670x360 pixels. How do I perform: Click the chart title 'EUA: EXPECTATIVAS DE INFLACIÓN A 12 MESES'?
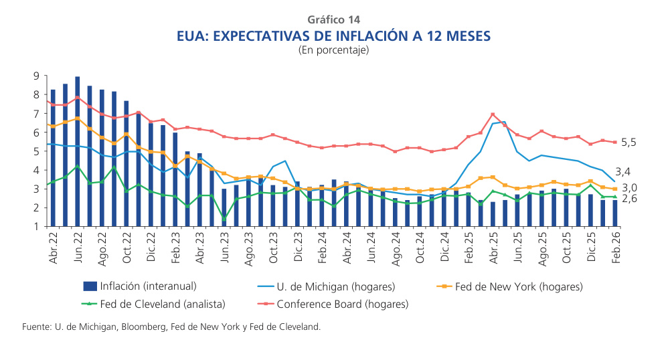(x=334, y=35)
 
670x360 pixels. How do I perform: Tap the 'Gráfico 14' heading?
(x=334, y=19)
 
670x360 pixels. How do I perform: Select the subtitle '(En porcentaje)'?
(x=334, y=50)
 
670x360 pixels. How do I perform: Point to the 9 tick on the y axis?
(x=36, y=76)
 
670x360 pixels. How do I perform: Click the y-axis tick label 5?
(x=36, y=151)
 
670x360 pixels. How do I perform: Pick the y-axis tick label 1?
(x=36, y=226)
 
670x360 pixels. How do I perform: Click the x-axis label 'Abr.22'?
(x=54, y=248)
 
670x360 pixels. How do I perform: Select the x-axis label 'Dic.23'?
(x=298, y=248)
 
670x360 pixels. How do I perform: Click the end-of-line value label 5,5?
(x=630, y=143)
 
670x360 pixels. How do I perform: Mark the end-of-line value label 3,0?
(x=630, y=188)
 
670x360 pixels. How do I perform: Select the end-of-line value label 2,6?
(x=630, y=199)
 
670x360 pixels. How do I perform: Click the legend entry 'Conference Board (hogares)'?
(x=342, y=304)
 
